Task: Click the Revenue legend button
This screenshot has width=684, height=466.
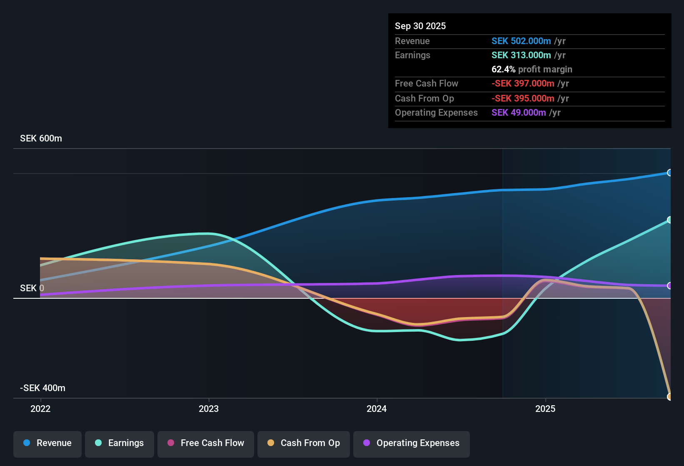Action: [x=47, y=443]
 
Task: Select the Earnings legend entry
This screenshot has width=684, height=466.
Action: [x=120, y=443]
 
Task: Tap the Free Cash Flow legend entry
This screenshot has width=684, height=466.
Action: [x=206, y=443]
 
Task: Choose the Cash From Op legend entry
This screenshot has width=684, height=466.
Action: [x=304, y=443]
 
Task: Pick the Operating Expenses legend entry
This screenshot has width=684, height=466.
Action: [x=412, y=443]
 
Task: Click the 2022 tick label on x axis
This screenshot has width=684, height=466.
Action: [x=40, y=409]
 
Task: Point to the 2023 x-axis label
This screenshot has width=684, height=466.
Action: [x=209, y=409]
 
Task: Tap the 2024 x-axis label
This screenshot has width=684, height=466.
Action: [x=377, y=409]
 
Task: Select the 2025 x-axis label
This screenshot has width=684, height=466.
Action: [x=545, y=409]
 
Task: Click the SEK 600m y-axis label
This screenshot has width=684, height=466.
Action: [x=41, y=139]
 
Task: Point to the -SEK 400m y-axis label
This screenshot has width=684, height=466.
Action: [x=42, y=388]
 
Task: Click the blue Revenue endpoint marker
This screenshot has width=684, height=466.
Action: [x=669, y=173]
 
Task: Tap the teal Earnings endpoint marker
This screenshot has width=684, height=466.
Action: [x=669, y=220]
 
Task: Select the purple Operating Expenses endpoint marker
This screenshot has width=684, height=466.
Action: [x=669, y=286]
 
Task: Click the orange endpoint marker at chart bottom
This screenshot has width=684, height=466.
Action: [x=669, y=397]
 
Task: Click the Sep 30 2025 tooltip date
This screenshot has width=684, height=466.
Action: [x=420, y=26]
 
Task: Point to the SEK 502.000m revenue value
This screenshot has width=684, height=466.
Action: [x=521, y=41]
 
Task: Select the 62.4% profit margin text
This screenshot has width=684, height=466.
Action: [x=532, y=69]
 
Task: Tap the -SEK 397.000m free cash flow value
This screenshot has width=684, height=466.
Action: [x=523, y=84]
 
